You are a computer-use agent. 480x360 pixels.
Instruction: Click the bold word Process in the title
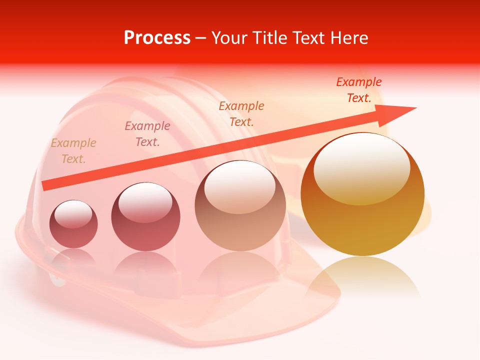pos(157,38)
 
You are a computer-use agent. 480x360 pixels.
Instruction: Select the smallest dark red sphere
pos(73,224)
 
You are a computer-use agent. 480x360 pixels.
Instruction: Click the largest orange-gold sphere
pos(362,195)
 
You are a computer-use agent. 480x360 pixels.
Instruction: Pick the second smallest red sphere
pos(145,216)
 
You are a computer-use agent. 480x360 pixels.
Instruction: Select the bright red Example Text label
pos(359,90)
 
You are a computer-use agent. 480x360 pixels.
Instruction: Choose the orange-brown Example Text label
pos(241,114)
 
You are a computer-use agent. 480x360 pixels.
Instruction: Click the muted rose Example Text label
pos(147,134)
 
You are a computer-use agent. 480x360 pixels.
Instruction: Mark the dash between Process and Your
pos(201,38)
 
